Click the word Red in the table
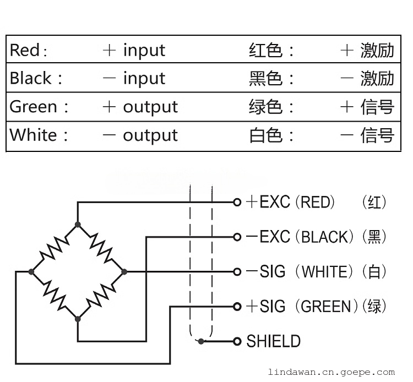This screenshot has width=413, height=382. [x=25, y=50]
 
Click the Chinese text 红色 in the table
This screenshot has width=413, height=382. [x=265, y=50]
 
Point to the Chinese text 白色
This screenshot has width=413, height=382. [x=265, y=135]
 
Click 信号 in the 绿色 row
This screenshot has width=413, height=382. [x=378, y=106]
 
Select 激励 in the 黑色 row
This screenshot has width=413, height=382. [x=378, y=78]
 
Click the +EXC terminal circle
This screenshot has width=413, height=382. [x=237, y=202]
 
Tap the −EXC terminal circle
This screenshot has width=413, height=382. [x=237, y=237]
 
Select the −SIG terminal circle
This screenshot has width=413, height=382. [x=237, y=271]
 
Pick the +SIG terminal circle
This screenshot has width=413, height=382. [x=237, y=306]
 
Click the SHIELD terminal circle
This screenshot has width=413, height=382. [x=237, y=341]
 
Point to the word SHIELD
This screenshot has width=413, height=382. [x=273, y=341]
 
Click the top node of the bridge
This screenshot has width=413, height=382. [x=78, y=224]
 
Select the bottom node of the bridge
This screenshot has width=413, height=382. [x=78, y=318]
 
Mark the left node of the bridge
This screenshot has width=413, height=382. [x=31, y=271]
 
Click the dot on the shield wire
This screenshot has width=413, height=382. [x=202, y=341]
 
